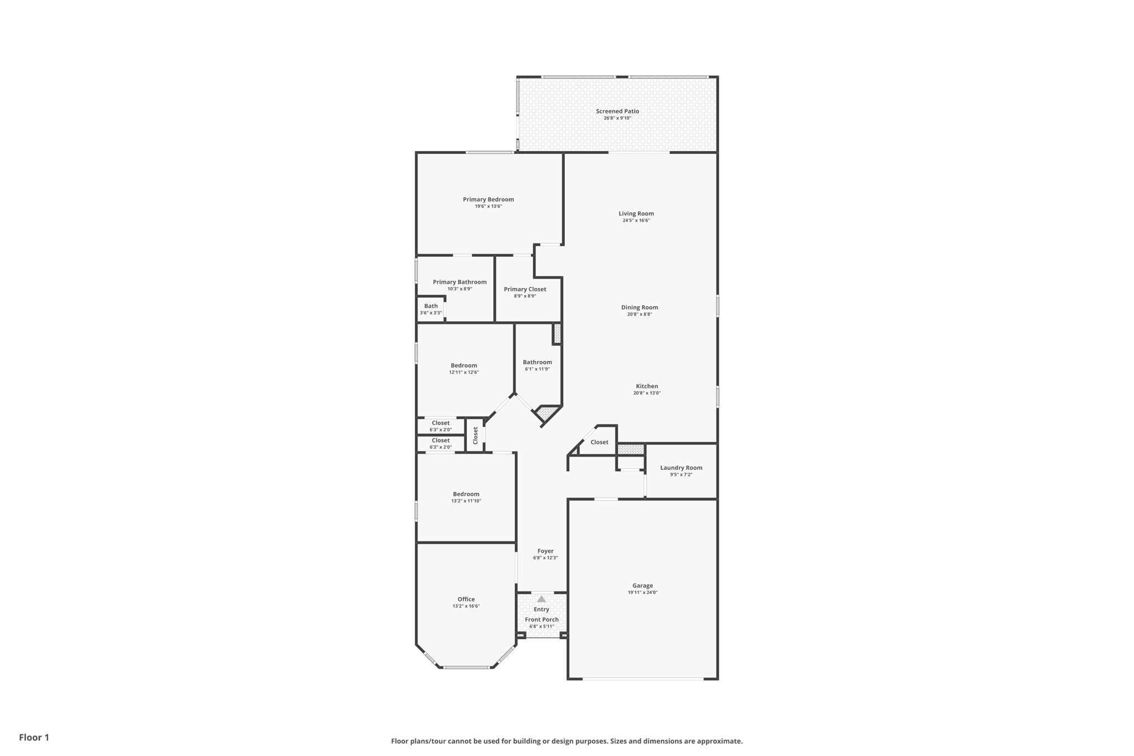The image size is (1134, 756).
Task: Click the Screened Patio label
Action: [617, 111]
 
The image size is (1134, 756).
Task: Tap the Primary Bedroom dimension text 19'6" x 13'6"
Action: [488, 207]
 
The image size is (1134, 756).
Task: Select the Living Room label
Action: [636, 214]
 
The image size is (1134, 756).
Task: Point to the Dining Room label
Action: [640, 307]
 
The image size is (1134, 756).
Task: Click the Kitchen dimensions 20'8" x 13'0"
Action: [647, 393]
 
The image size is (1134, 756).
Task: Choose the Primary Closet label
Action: [525, 289]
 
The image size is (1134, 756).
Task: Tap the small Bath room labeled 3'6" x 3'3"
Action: [431, 309]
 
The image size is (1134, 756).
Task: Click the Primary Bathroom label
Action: [460, 282]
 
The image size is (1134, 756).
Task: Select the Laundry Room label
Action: [681, 468]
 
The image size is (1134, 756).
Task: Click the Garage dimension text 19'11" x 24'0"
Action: [643, 593]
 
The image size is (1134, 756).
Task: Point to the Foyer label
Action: [545, 551]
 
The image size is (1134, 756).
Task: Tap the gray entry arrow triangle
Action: [542, 599]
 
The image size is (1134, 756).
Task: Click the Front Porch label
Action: [542, 620]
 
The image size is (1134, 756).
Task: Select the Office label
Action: [466, 599]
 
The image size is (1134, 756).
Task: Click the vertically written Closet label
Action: [475, 435]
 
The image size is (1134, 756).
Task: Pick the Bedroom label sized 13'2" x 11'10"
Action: [466, 494]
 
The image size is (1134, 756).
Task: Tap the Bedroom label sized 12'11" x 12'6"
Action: [464, 366]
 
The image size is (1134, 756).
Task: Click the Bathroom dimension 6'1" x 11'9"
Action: [537, 369]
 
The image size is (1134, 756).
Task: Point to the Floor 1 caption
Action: [34, 738]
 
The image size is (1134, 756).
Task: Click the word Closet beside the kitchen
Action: [599, 443]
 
